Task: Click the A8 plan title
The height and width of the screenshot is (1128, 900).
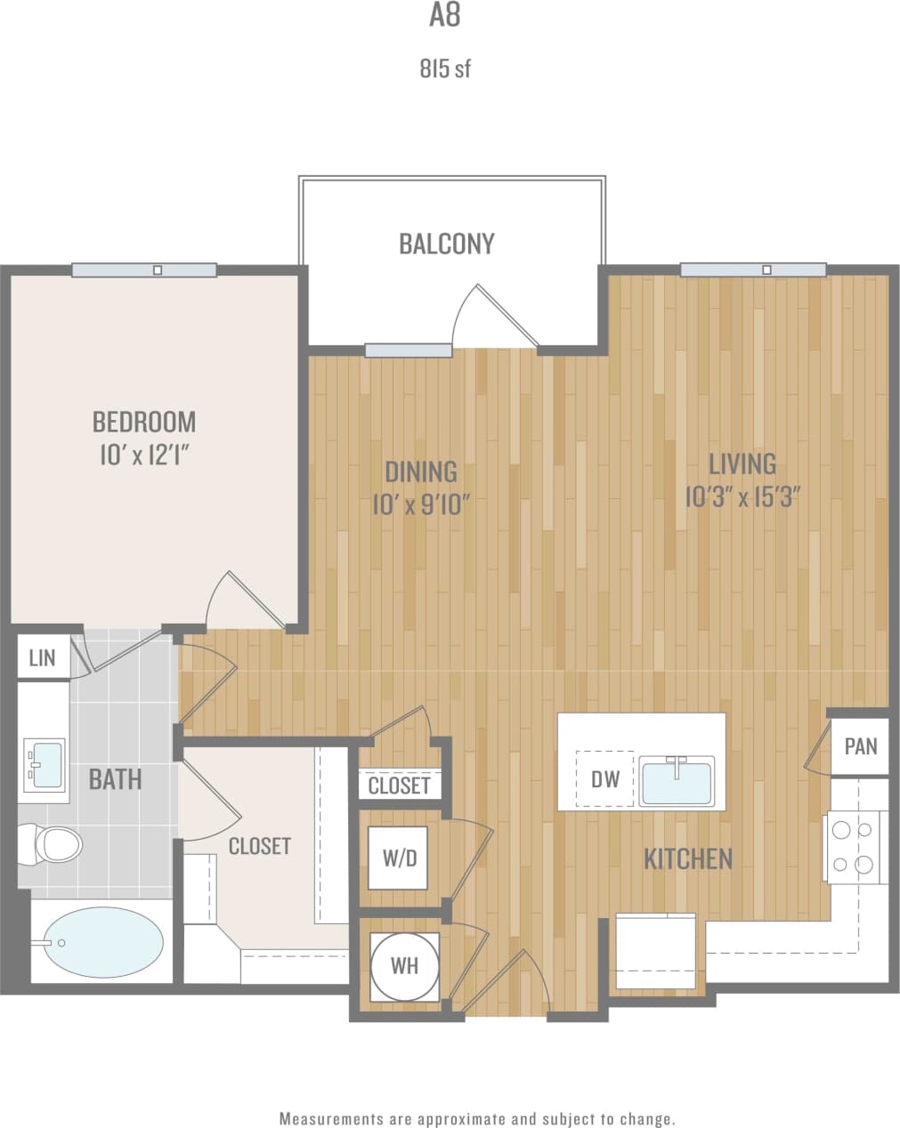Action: [x=444, y=17]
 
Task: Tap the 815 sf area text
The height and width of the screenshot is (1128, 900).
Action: [x=444, y=68]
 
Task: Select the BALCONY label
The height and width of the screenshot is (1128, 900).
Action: [x=446, y=244]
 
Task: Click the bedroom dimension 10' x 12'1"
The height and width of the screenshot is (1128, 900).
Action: [x=144, y=455]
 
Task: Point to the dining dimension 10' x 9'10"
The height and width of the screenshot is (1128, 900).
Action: [x=420, y=505]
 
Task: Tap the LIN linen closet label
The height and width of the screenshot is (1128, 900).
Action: [x=42, y=657]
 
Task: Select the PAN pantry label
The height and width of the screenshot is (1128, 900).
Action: [x=860, y=745]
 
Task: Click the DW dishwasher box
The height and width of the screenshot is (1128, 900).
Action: [x=604, y=779]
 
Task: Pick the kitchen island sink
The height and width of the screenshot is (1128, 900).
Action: [x=677, y=780]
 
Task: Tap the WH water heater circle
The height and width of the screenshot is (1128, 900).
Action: [x=405, y=965]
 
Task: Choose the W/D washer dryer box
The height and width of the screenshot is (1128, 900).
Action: [x=399, y=858]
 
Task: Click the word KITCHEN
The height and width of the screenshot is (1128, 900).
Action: [x=687, y=858]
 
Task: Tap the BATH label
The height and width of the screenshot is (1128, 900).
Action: [x=115, y=779]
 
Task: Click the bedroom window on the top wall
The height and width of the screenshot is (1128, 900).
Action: [x=144, y=270]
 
